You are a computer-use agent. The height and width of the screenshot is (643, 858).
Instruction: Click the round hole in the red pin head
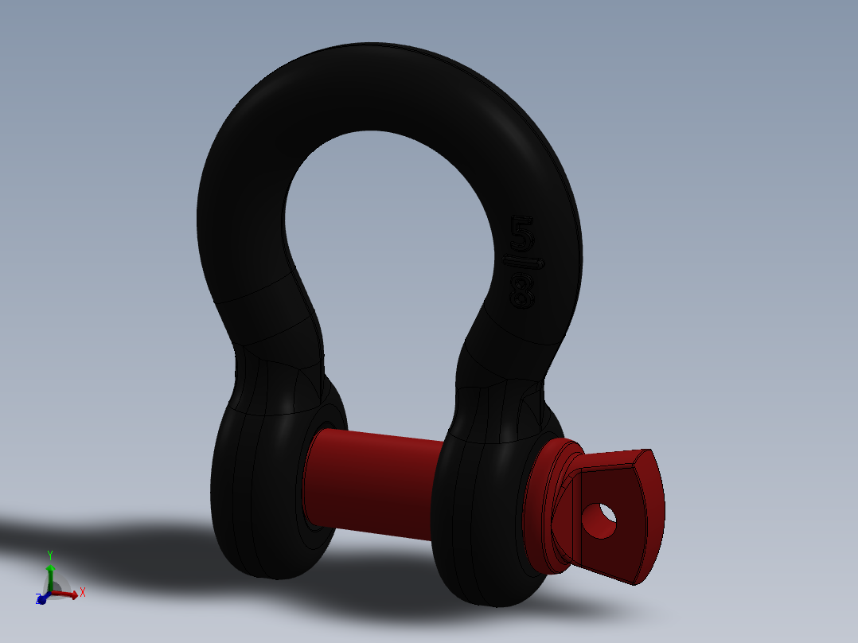[x=599, y=520]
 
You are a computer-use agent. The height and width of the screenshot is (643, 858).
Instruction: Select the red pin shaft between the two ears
[x=374, y=481]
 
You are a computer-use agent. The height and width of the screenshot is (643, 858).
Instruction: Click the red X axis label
[x=82, y=592]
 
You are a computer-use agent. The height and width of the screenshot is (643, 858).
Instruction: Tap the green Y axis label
[x=49, y=555]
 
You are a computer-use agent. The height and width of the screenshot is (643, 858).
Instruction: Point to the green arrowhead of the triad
[x=49, y=569]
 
